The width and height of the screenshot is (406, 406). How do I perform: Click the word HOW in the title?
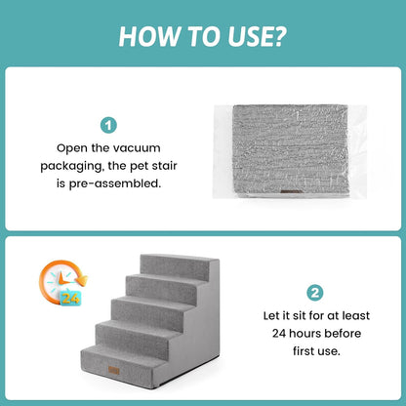coord(149,36)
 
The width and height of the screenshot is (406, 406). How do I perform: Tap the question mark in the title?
coord(279,36)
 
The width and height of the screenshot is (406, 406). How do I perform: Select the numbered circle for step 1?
coord(108,125)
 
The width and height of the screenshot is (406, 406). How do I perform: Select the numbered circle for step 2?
coord(315,293)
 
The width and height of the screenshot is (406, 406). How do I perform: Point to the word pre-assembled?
coord(114,183)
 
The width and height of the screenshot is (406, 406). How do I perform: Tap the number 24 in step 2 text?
coord(279,334)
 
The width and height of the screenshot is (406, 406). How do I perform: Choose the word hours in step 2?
coord(304,334)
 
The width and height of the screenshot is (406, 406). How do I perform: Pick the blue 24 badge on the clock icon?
coord(70,297)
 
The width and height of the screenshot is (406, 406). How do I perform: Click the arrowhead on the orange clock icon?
coord(82,279)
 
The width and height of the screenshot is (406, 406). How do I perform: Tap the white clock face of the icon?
coord(60,282)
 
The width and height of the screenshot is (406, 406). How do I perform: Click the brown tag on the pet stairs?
coord(114,370)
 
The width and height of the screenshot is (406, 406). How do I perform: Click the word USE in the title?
coord(250,36)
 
